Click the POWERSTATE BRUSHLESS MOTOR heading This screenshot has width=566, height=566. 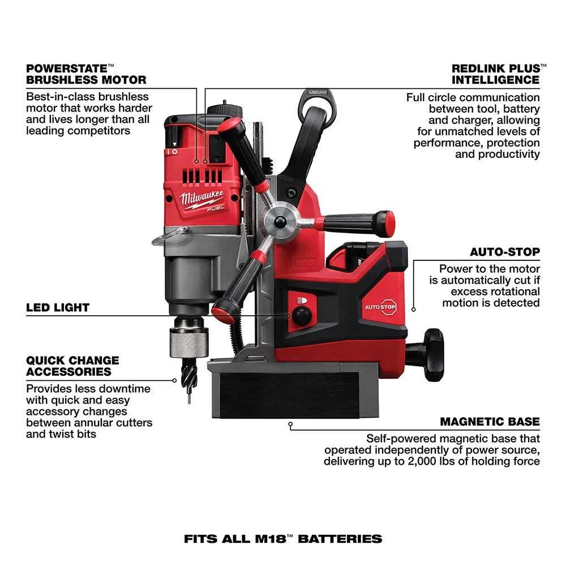pos(86,74)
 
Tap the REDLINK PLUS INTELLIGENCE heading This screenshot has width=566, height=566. pos(495,74)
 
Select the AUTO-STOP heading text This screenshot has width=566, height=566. pos(505,252)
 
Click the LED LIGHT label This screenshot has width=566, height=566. pos(58,308)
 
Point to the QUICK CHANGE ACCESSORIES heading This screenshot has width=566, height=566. pos(72,366)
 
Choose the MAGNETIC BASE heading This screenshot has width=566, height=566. pos(490,422)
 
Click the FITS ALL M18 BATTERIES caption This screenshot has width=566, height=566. pos(283,539)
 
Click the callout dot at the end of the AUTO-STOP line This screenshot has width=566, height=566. pos(414,309)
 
